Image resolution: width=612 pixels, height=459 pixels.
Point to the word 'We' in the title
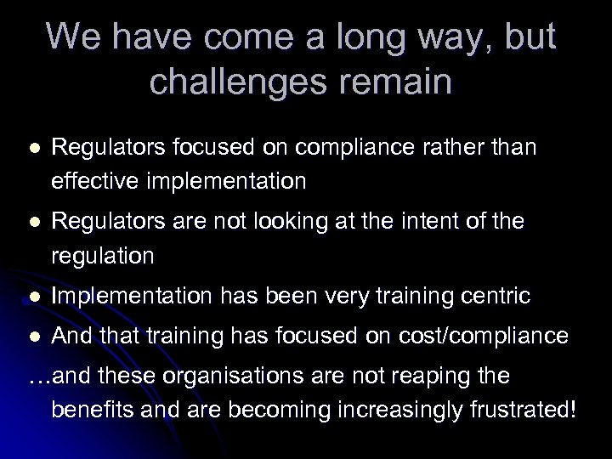point(76,37)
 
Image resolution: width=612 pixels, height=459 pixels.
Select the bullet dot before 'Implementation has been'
point(33,296)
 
